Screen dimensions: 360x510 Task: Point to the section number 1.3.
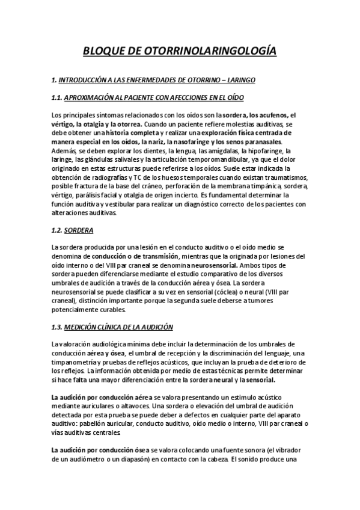pos(58,327)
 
